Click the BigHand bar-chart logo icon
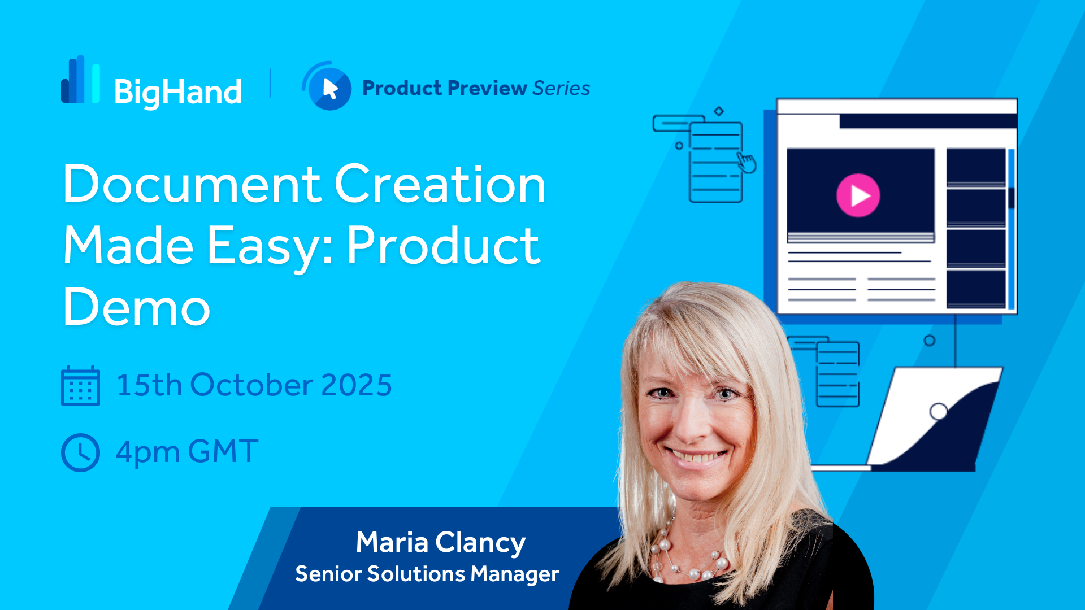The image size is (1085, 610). pos(81,80)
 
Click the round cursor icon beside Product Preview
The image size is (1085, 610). pos(327,86)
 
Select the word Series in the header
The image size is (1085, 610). pos(561,88)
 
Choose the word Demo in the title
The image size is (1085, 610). pos(136,307)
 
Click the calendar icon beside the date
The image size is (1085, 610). pos(80,386)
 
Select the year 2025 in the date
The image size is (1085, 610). pos(357,385)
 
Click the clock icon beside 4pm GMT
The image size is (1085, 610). pos(80,452)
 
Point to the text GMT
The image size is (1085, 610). pos(223,452)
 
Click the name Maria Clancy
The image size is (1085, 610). pos(441,542)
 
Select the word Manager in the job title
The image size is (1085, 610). pos(515,574)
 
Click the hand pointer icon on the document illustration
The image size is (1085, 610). pos(747,163)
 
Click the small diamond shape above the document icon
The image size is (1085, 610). pos(719,111)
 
